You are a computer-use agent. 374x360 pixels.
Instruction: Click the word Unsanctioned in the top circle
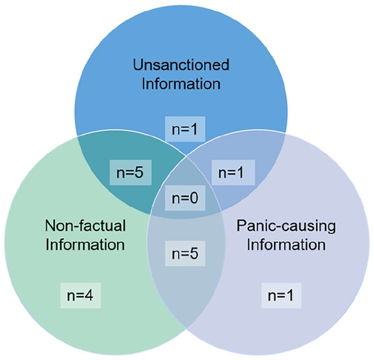coord(181,65)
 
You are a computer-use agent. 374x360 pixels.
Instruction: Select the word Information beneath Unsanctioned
coord(181,84)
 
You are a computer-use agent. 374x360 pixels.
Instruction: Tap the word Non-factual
coord(85,225)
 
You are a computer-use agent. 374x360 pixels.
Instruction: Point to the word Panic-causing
coord(286,225)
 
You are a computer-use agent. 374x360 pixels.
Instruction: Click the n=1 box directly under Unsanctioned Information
coord(185,129)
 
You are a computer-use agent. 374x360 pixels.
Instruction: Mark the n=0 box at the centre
coord(185,197)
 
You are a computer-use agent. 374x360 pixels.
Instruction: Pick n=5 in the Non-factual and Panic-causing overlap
coord(185,253)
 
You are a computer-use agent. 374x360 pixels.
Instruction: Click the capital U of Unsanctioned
coord(138,65)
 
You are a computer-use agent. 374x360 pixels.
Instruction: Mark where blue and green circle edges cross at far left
coord(77,136)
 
